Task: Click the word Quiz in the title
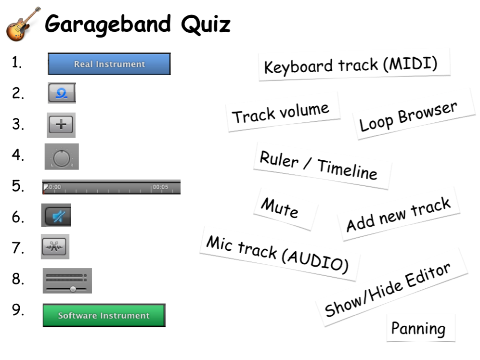[x=206, y=25]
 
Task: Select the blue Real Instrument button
[x=109, y=64]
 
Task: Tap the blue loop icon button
[x=62, y=93]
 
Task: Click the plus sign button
[x=61, y=125]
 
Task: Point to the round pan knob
[x=62, y=158]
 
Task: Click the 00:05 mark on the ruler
[x=160, y=187]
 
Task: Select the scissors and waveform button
[x=54, y=246]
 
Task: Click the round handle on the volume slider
[x=73, y=289]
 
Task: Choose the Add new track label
[x=399, y=214]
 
